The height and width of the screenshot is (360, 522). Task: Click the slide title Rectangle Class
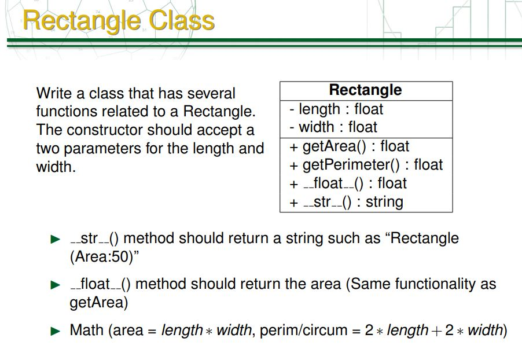119,21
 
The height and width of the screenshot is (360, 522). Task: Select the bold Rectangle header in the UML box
365,90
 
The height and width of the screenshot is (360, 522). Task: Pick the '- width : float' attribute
334,127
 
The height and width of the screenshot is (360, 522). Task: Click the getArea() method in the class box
350,146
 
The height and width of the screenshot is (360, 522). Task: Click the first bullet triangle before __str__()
55,238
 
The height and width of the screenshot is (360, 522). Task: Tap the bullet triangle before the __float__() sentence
55,285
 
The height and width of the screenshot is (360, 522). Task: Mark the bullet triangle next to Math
55,331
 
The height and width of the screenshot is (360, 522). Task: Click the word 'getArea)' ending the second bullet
98,303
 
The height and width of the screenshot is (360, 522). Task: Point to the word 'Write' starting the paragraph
52,93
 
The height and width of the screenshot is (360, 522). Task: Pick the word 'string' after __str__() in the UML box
384,202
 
